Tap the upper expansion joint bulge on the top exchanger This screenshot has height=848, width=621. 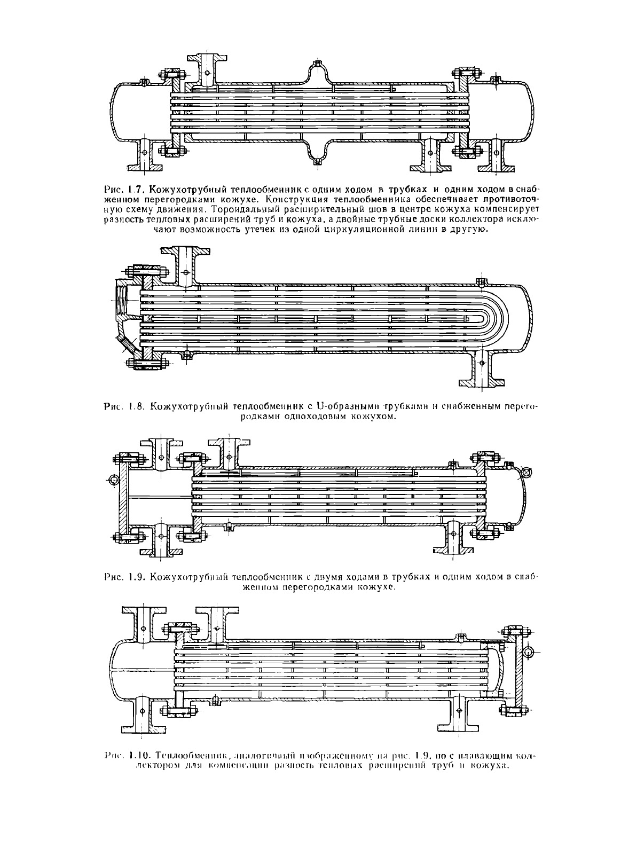tap(317, 73)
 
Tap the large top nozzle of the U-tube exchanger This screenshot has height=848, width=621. tap(186, 265)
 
